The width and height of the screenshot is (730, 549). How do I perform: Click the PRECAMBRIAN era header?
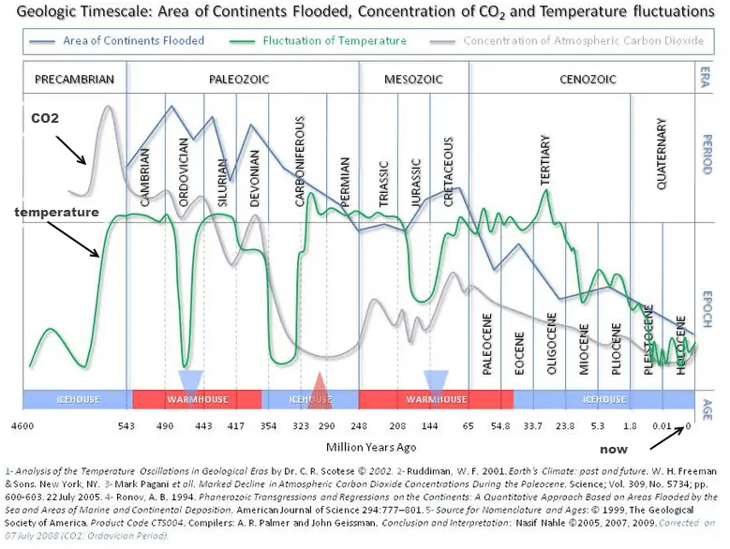tap(74, 80)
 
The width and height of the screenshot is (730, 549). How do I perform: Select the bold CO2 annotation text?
tap(46, 119)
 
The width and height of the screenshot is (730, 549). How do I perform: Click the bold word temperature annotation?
tap(55, 213)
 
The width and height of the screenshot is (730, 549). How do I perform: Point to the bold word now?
tap(614, 450)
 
